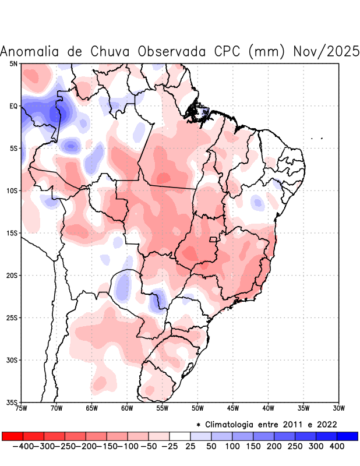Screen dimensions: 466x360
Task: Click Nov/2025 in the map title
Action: (x=327, y=51)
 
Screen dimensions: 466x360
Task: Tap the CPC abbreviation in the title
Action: (x=224, y=51)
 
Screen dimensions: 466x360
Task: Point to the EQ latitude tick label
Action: (x=13, y=106)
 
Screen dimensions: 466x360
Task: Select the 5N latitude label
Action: (x=13, y=63)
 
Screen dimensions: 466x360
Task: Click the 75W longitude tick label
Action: (x=22, y=408)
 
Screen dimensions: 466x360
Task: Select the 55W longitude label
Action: (x=163, y=408)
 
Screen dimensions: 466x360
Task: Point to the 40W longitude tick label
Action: (x=269, y=408)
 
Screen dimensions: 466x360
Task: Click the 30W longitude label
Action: (x=339, y=408)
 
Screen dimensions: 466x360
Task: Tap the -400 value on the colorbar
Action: (x=22, y=446)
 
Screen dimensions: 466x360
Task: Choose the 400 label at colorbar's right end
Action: (x=337, y=446)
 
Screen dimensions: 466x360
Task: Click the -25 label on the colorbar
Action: (x=169, y=446)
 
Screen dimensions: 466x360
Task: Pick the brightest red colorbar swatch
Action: (x=12, y=436)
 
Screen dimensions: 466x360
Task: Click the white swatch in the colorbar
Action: (x=180, y=436)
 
